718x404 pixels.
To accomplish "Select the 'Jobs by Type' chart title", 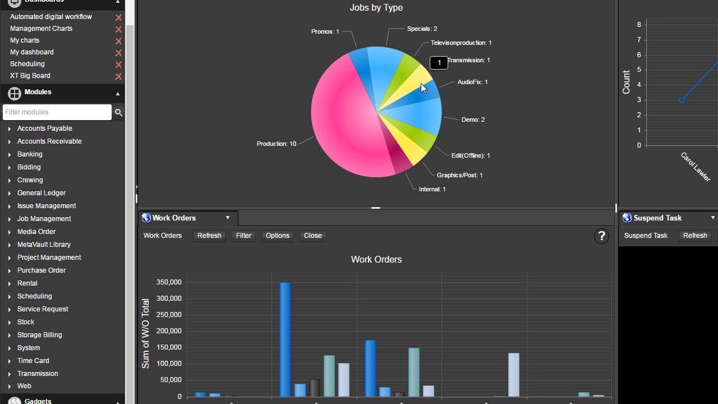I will (x=376, y=8).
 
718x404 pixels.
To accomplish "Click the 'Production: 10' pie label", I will (x=276, y=144).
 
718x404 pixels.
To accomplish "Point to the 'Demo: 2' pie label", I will (x=473, y=120).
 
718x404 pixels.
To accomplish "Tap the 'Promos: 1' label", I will (x=325, y=31).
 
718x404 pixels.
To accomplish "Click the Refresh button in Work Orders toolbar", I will (x=209, y=236).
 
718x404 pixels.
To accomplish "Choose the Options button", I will (x=278, y=236).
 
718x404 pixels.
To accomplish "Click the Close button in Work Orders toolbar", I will (x=313, y=236).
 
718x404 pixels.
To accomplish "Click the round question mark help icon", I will (x=601, y=236).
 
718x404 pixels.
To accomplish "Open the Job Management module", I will (x=44, y=219).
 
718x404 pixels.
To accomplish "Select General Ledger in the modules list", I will (x=42, y=193).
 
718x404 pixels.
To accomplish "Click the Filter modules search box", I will (x=57, y=112).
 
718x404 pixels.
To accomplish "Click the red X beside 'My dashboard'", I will (x=118, y=53).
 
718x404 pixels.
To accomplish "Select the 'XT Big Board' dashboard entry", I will (x=30, y=76).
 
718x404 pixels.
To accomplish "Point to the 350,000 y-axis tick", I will (x=168, y=282).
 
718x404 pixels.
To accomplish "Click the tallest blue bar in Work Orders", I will (x=285, y=339).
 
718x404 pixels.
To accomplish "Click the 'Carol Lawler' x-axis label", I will (x=696, y=167).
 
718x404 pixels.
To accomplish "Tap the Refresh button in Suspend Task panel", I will (x=695, y=236).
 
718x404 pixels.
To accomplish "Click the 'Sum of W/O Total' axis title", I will (x=146, y=333).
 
